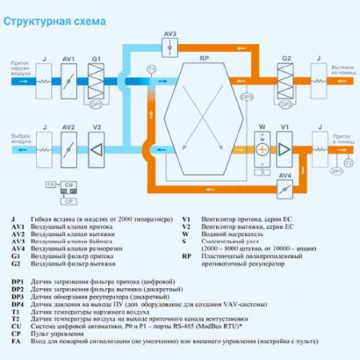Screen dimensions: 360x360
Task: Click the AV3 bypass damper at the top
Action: (169, 47)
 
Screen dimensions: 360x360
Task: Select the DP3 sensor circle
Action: (246, 98)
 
